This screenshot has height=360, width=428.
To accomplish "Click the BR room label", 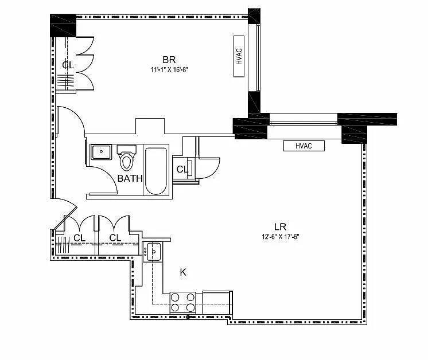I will [x=168, y=60].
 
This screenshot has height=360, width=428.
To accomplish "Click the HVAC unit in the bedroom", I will [x=239, y=57].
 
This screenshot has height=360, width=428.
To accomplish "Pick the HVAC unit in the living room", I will [x=304, y=146].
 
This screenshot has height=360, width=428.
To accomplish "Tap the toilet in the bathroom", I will [x=126, y=158].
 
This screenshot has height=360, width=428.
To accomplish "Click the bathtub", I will [x=155, y=171].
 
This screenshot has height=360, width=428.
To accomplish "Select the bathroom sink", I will [x=102, y=152].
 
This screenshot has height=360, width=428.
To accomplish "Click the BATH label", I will [x=130, y=178].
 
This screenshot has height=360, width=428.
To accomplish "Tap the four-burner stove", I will [x=183, y=302].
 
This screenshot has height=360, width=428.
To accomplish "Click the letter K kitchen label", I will [x=183, y=272].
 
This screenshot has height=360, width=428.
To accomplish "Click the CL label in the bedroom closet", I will [x=68, y=65].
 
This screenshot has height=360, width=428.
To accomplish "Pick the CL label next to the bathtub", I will [x=182, y=169].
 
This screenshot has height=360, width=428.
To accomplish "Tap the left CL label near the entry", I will [x=79, y=238].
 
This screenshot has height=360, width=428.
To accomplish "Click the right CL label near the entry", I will [x=115, y=238].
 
